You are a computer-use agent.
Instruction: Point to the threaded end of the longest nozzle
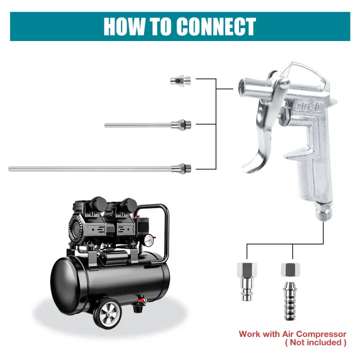point(188,167)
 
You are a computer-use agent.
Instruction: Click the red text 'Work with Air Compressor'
point(292,334)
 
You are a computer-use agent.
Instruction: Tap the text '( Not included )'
point(315,342)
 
